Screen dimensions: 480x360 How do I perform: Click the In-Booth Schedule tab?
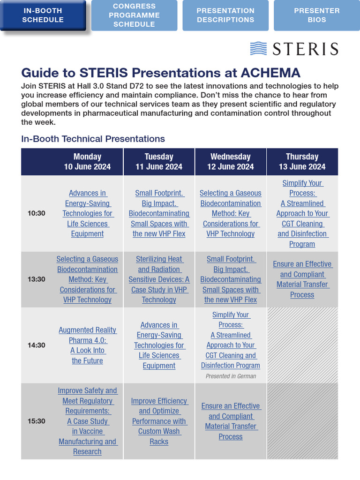[43, 15]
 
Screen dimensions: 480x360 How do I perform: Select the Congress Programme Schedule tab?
[134, 15]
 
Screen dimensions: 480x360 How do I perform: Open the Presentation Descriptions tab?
[225, 15]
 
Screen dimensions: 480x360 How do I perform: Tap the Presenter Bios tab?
[316, 15]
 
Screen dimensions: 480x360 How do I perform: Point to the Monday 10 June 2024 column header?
[87, 162]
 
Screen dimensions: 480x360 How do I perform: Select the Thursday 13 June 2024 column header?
[302, 162]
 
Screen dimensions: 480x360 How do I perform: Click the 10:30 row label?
[37, 213]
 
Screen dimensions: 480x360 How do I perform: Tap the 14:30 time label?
[37, 345]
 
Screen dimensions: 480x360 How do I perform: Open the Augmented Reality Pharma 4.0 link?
[87, 345]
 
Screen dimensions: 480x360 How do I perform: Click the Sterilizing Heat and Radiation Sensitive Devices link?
[159, 279]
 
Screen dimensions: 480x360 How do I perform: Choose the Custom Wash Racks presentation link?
[159, 421]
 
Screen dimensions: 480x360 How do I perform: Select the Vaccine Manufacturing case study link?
[87, 421]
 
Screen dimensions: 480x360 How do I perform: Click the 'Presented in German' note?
[231, 376]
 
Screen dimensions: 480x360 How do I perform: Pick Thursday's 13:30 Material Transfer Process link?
[302, 279]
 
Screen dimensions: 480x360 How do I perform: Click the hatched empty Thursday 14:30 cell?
[302, 345]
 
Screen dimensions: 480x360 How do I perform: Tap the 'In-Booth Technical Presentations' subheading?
[93, 139]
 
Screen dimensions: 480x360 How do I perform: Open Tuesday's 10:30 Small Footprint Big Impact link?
[159, 213]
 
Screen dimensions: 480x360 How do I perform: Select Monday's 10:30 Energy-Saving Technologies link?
[87, 213]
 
